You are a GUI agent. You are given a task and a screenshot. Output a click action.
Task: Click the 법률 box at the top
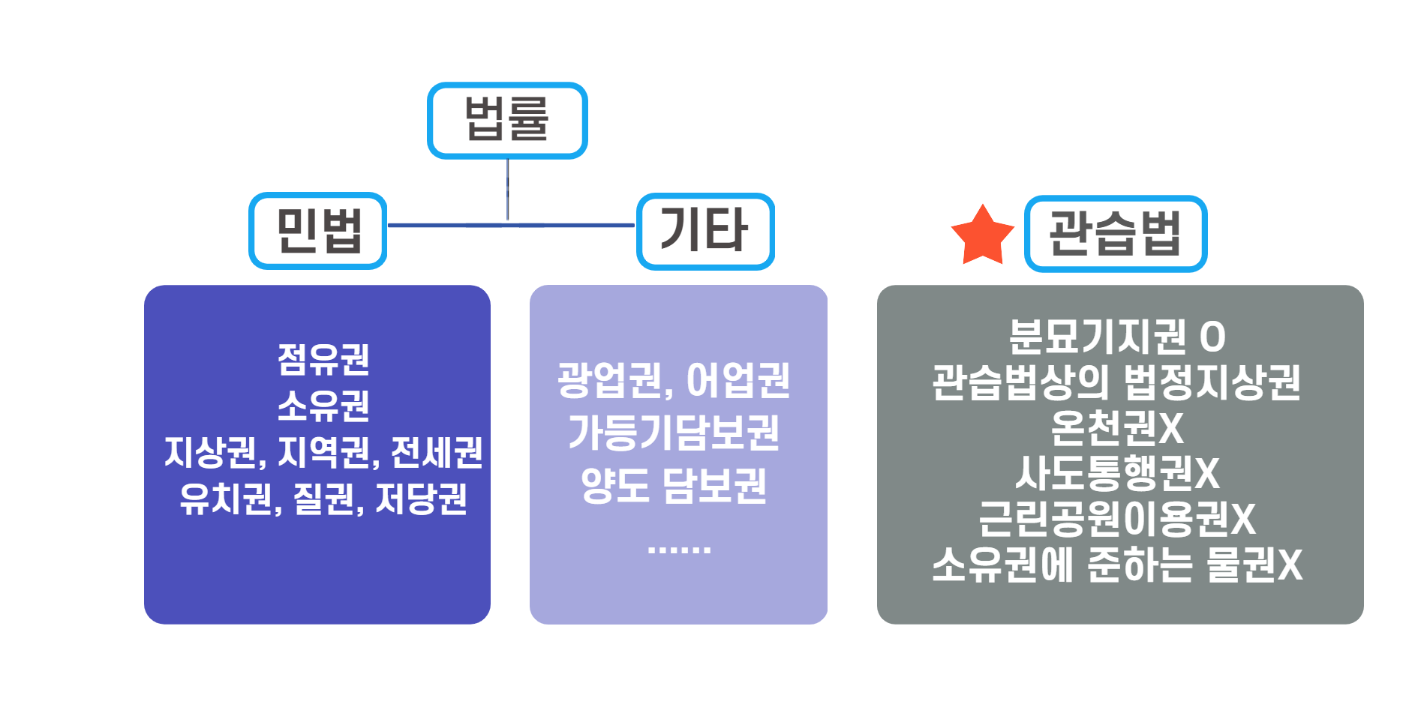(507, 121)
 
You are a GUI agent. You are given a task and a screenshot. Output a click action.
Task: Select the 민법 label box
(318, 231)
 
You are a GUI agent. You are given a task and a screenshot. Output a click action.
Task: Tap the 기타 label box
(705, 231)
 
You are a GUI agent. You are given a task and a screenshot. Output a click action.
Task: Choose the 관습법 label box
(1116, 233)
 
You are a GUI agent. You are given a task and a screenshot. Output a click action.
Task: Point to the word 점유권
(323, 359)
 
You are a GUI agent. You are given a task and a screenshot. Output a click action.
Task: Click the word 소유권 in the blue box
(323, 406)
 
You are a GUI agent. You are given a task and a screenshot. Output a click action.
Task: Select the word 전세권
(437, 452)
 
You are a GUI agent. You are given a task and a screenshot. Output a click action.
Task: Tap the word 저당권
(422, 499)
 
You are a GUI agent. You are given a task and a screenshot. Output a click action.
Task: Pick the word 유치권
(226, 499)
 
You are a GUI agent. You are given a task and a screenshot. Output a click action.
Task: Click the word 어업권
(738, 380)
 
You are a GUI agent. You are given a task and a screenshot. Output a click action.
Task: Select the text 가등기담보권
(674, 433)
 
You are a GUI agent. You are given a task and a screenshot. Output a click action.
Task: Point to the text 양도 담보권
(674, 485)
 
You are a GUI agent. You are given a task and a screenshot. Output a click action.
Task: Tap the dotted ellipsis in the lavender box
(678, 550)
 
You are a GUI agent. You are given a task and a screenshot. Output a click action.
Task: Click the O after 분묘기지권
(1212, 337)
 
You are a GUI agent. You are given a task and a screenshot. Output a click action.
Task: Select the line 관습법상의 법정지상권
(1116, 382)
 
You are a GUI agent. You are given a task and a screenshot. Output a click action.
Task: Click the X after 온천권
(1171, 428)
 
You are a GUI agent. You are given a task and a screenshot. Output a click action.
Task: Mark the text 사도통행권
(1104, 473)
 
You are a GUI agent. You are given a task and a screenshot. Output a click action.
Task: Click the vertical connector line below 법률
(508, 189)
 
